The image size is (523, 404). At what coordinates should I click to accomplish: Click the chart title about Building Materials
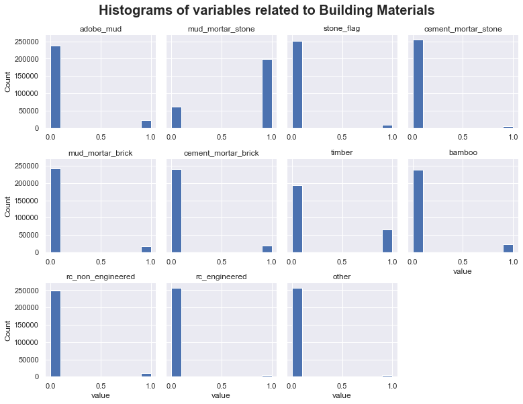tap(267, 11)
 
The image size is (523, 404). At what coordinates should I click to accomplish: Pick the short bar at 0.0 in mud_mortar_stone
tap(177, 117)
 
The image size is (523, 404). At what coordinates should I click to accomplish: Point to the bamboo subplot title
tap(463, 153)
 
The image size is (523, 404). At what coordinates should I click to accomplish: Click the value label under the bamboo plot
tap(463, 272)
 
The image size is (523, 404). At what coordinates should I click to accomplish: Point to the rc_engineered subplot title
tap(221, 277)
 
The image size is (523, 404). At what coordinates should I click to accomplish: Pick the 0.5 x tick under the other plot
tap(342, 387)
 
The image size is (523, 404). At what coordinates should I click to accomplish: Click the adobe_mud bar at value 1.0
tap(146, 124)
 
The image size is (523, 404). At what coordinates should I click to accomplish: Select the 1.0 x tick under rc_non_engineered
tap(150, 387)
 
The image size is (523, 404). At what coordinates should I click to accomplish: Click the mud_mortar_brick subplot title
tap(100, 153)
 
